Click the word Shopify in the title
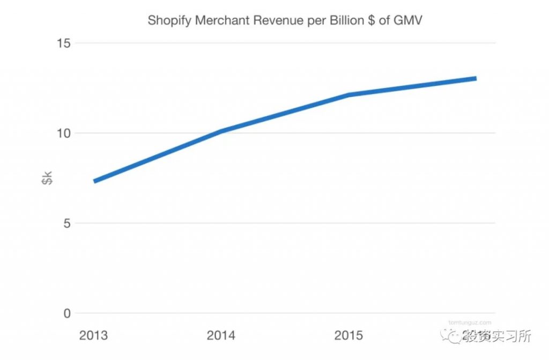coord(166,21)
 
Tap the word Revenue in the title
coord(268,21)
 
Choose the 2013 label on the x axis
coord(93,336)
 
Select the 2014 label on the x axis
coord(221,336)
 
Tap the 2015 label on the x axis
coord(348,336)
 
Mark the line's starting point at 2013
coord(95,181)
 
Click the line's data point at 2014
coord(221,131)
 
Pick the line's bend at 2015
coord(348,95)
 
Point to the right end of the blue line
coord(475,78)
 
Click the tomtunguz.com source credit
coord(470,322)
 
